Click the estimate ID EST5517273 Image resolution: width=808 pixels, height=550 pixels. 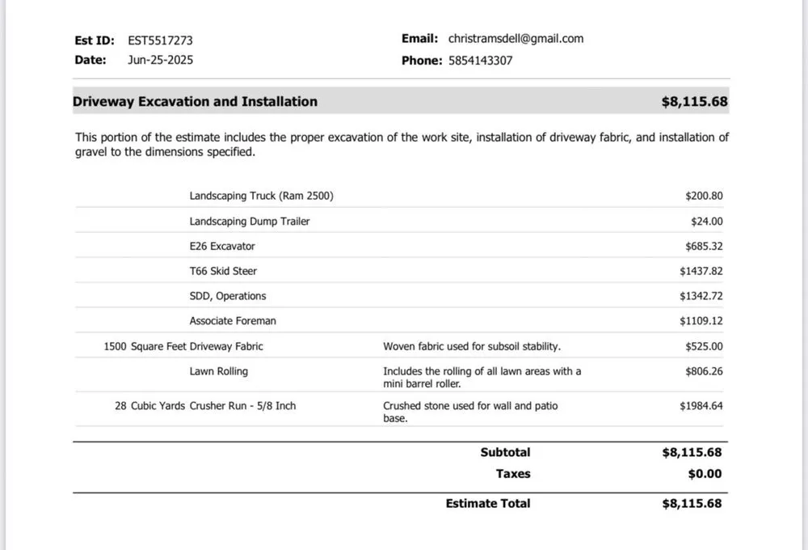pos(160,40)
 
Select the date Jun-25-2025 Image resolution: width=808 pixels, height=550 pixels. pos(160,60)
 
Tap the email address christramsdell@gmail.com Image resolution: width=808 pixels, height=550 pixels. pos(516,38)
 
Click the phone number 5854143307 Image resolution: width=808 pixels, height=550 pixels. pos(480,60)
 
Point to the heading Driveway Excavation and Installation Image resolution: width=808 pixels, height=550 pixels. pos(195,102)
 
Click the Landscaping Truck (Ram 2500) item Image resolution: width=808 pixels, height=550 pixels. pos(261,196)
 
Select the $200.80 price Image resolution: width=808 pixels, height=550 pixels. pos(704,196)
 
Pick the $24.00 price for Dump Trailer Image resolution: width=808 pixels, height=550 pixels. pos(706,221)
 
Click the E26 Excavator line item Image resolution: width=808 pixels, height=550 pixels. pos(222,246)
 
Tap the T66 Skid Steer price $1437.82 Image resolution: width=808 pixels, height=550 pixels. pos(701,271)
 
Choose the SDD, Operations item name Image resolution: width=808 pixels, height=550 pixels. pos(228,296)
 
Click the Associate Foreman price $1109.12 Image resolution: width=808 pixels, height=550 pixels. pos(701,321)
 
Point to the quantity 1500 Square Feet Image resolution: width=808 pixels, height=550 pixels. pos(145,346)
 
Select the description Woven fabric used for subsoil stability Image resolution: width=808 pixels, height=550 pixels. pos(472,346)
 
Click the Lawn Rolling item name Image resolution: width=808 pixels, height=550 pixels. pos(219,371)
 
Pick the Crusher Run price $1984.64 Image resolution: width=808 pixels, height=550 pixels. pos(701,406)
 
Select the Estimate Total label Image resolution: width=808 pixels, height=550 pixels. pos(488,503)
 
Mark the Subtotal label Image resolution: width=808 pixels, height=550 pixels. pos(505,453)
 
